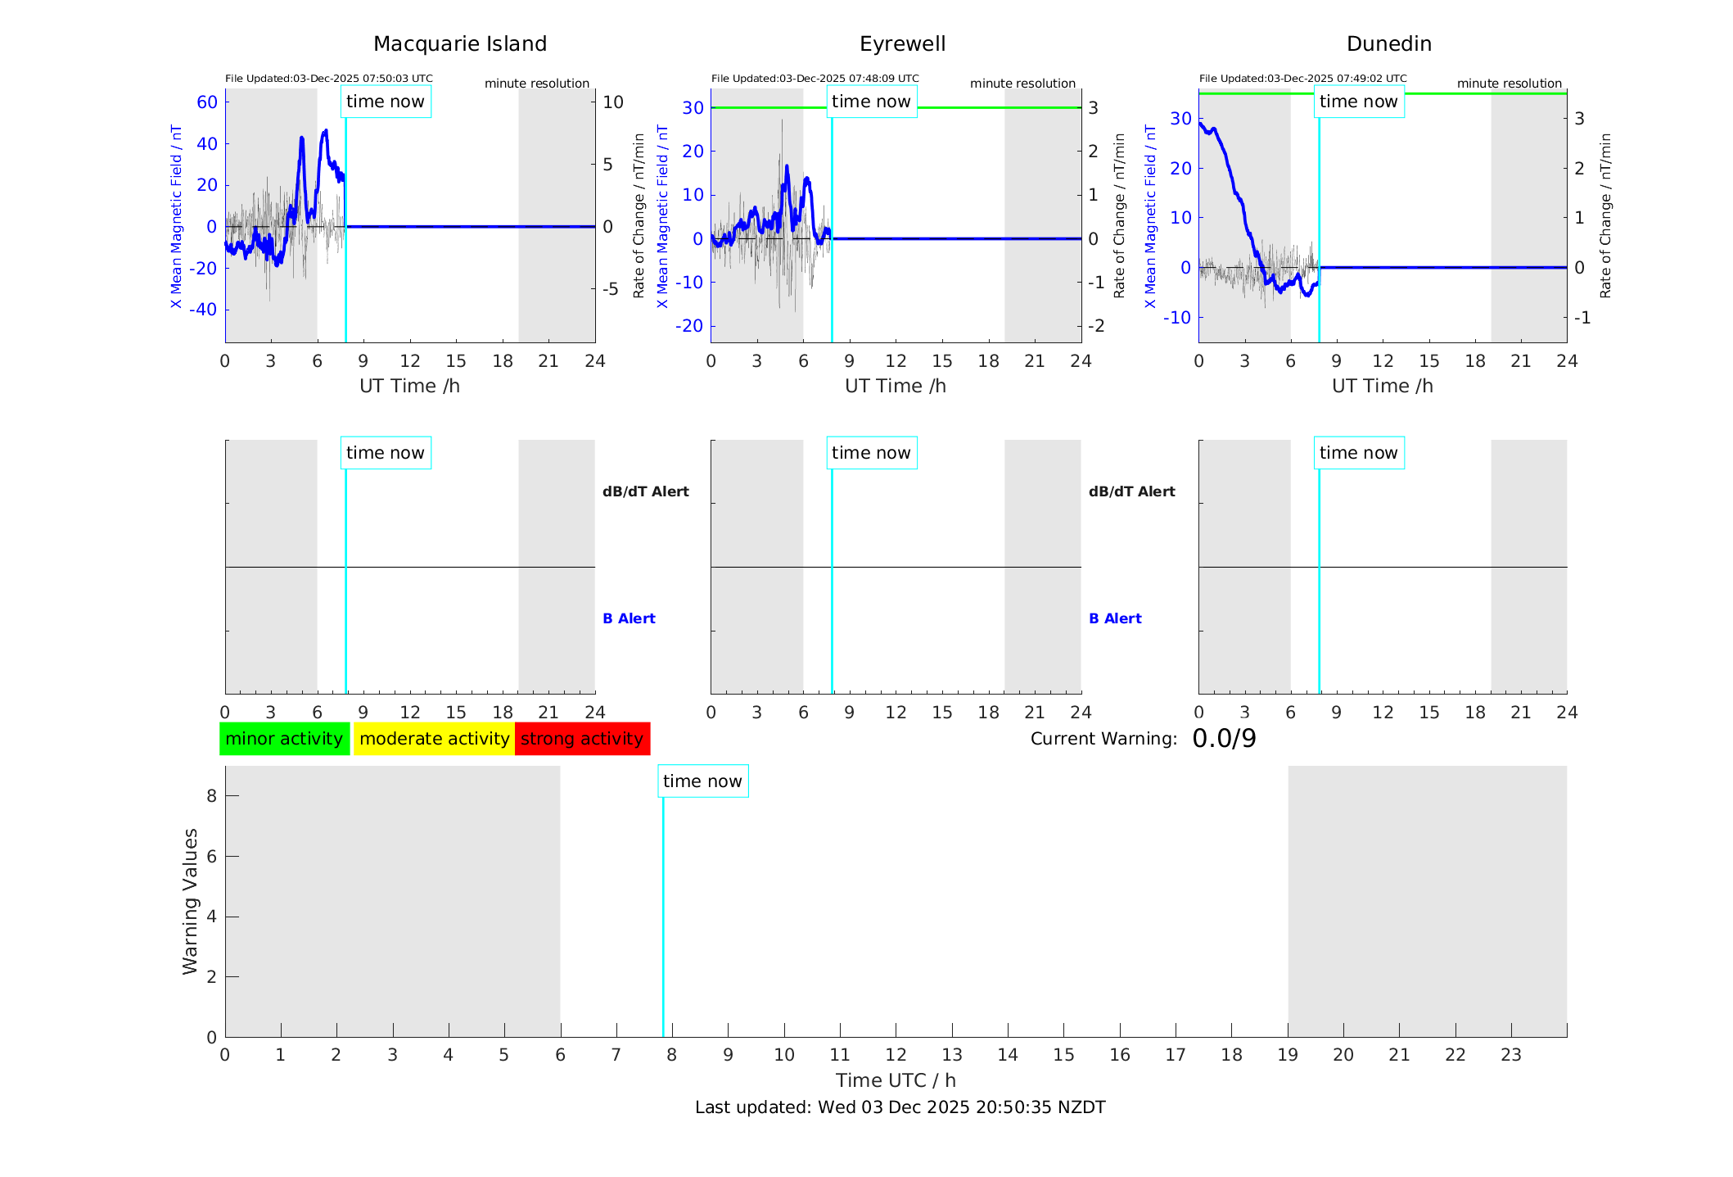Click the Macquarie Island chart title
click(x=460, y=44)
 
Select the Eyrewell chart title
click(x=902, y=44)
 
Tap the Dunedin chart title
click(x=1388, y=44)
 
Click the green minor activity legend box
click(x=284, y=739)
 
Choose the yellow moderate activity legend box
click(x=434, y=739)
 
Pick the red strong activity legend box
click(x=582, y=739)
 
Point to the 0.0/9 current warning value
click(x=1224, y=739)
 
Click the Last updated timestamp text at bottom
click(x=900, y=1107)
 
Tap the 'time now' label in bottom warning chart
click(x=702, y=781)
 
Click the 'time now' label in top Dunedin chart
click(x=1358, y=102)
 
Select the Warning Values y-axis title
click(x=191, y=901)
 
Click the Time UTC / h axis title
click(x=896, y=1080)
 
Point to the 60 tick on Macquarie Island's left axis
click(x=207, y=102)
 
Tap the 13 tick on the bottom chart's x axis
click(x=952, y=1055)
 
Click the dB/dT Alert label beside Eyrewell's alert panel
click(x=1131, y=491)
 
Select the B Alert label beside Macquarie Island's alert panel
click(x=629, y=618)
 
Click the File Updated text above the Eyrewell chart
click(x=815, y=79)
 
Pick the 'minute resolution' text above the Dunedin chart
click(x=1509, y=84)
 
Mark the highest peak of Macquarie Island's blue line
click(x=325, y=130)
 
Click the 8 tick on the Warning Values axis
click(x=211, y=796)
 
